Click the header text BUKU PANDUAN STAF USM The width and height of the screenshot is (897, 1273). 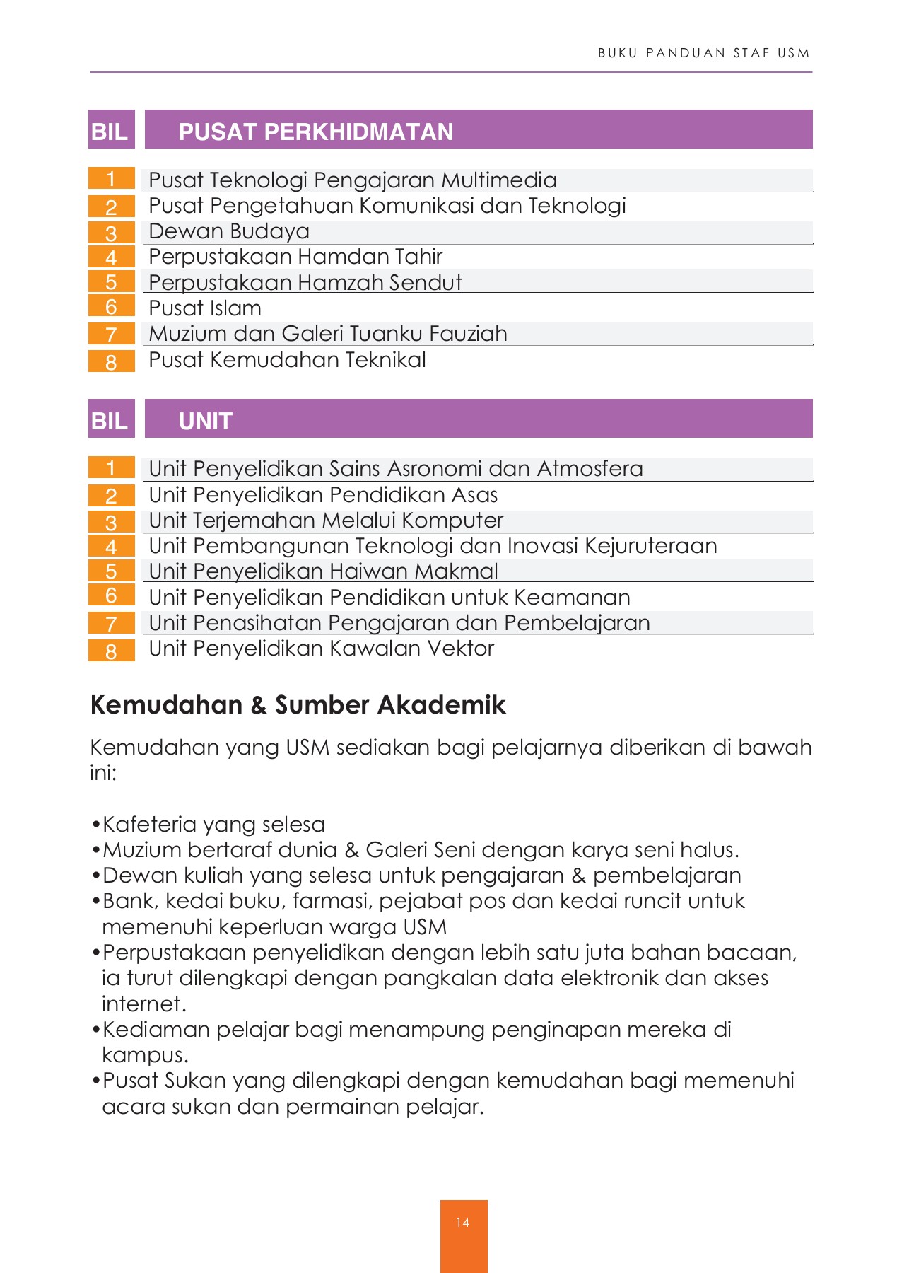pyautogui.click(x=703, y=53)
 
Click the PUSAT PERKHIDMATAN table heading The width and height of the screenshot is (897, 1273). pyautogui.click(x=315, y=132)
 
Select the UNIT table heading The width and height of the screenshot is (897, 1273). pyautogui.click(x=205, y=421)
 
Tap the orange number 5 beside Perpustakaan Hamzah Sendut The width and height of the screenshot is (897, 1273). pyautogui.click(x=111, y=282)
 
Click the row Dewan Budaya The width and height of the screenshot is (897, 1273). pyautogui.click(x=229, y=231)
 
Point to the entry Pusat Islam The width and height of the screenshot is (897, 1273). pyautogui.click(x=205, y=308)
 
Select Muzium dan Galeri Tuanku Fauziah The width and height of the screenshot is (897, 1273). pyautogui.click(x=327, y=333)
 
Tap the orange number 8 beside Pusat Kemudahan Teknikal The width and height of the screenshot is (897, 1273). pyautogui.click(x=111, y=362)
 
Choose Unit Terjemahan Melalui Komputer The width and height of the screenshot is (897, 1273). pyautogui.click(x=326, y=521)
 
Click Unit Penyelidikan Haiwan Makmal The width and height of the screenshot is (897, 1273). pyautogui.click(x=323, y=571)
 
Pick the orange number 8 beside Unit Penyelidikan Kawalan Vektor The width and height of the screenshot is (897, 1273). pyautogui.click(x=111, y=651)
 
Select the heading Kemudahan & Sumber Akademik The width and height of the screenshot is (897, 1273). pyautogui.click(x=298, y=705)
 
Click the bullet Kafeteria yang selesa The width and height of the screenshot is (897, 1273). pyautogui.click(x=213, y=825)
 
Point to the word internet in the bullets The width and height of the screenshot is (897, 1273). pyautogui.click(x=143, y=1004)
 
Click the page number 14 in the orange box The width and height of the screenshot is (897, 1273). pyautogui.click(x=463, y=1222)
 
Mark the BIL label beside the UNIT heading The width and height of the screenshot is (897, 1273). pyautogui.click(x=110, y=421)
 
